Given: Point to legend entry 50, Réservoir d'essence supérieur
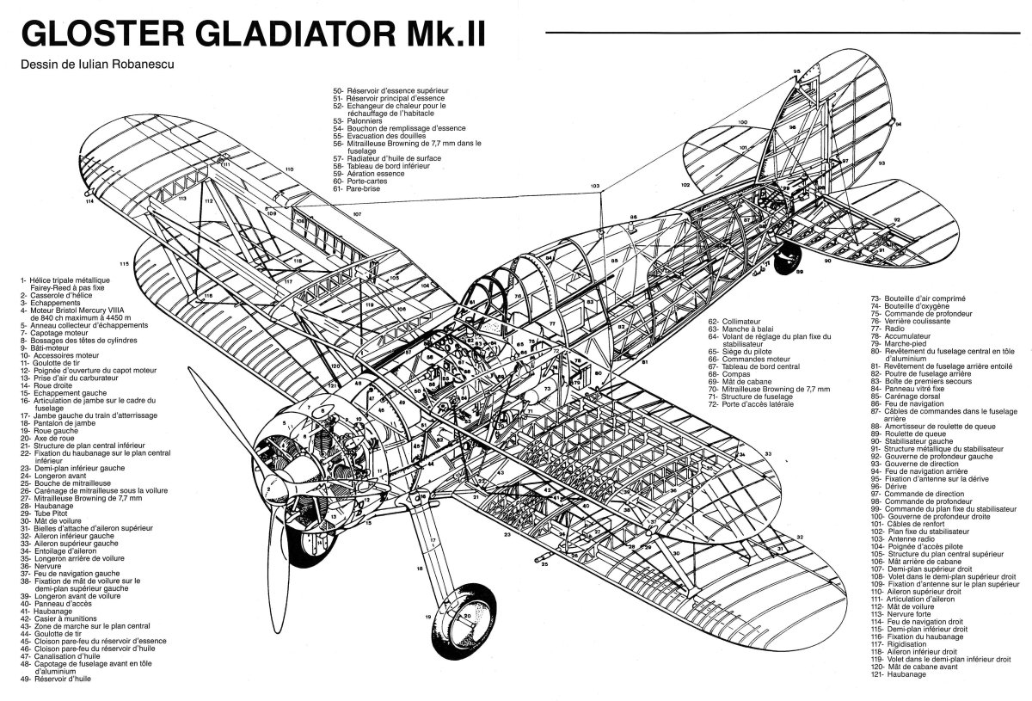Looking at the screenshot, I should point(390,89).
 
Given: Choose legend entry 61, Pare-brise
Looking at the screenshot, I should point(361,188).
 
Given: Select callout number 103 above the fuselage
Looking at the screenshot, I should point(594,186).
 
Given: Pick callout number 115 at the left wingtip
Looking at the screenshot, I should point(125,263).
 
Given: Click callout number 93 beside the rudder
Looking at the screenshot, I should point(881,162).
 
